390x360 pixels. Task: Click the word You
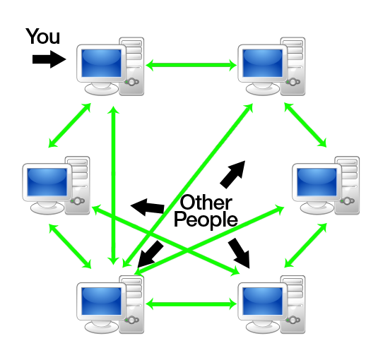[x=43, y=36]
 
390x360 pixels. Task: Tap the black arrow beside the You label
[x=49, y=59]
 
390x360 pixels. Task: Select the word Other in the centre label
[x=206, y=203]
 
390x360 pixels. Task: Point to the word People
[x=206, y=220]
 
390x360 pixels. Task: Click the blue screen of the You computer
[x=101, y=63]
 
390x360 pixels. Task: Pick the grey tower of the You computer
[x=132, y=66]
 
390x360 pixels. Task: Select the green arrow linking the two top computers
[x=191, y=65]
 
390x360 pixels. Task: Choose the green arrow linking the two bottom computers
[x=191, y=304]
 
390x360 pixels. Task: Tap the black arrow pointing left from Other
[x=147, y=207]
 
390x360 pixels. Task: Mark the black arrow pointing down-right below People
[x=239, y=253]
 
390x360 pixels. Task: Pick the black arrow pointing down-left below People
[x=150, y=255]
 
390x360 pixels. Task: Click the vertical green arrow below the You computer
[x=114, y=186]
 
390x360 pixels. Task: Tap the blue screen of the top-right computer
[x=262, y=63]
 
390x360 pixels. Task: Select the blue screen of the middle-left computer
[x=47, y=182]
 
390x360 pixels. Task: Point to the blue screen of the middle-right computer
[x=317, y=182]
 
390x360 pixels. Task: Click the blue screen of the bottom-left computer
[x=101, y=301]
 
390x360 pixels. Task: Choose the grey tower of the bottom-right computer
[x=293, y=304]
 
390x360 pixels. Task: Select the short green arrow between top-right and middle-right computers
[x=305, y=125]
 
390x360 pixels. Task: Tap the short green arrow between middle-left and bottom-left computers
[x=70, y=246]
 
